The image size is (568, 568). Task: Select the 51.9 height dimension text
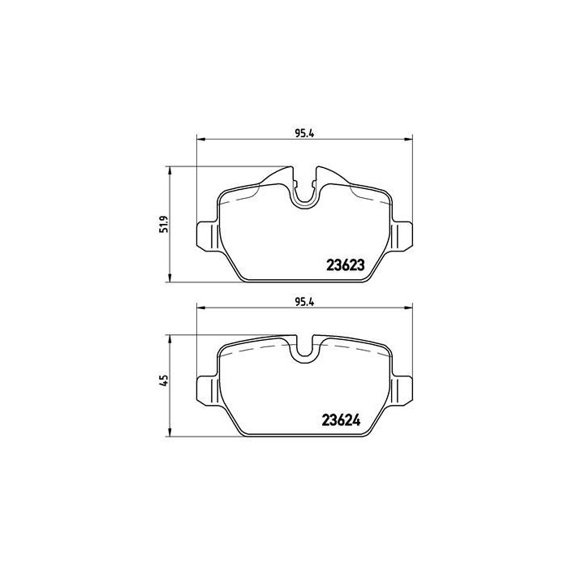(163, 223)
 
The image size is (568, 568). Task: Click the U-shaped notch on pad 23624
(303, 351)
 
